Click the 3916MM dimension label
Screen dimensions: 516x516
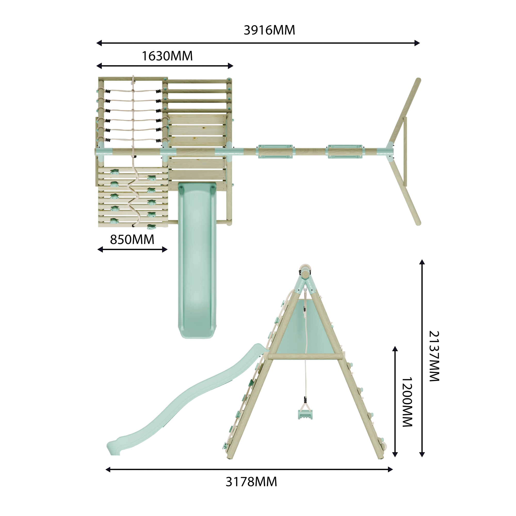(x=269, y=30)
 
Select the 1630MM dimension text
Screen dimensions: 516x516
(x=167, y=56)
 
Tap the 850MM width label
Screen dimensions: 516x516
(x=132, y=240)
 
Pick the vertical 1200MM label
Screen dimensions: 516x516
(x=407, y=402)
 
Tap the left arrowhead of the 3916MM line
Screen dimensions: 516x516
(x=99, y=43)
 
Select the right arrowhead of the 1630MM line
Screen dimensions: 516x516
(x=230, y=66)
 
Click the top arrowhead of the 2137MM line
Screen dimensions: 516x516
(x=422, y=262)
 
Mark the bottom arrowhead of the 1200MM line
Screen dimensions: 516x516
(x=395, y=455)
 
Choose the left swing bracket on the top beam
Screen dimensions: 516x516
(x=275, y=152)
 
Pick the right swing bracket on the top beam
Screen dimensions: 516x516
(x=345, y=152)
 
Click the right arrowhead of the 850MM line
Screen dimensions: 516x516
(x=165, y=250)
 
